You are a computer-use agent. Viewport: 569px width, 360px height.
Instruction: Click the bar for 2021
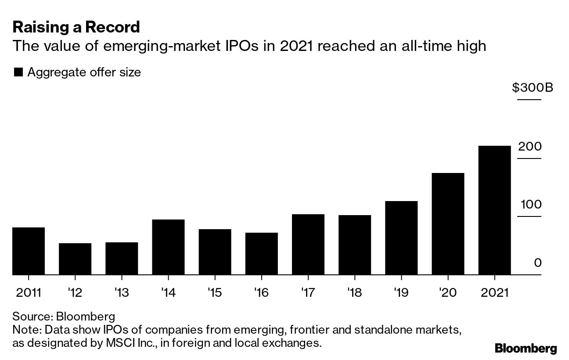pyautogui.click(x=494, y=210)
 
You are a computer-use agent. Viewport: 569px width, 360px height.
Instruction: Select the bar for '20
pyautogui.click(x=448, y=224)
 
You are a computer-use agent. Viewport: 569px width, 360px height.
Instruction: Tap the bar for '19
pyautogui.click(x=401, y=238)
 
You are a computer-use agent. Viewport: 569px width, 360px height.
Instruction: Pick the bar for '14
pyautogui.click(x=168, y=247)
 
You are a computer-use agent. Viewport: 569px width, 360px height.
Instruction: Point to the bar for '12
pyautogui.click(x=75, y=259)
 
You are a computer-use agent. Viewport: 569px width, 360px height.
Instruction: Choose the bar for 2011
pyautogui.click(x=29, y=251)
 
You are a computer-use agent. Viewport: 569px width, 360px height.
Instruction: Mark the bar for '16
pyautogui.click(x=261, y=254)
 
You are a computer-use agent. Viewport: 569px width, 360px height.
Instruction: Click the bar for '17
pyautogui.click(x=308, y=245)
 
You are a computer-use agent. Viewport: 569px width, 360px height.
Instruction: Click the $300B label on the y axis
pyautogui.click(x=533, y=88)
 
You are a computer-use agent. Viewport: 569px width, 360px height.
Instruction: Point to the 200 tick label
pyautogui.click(x=530, y=147)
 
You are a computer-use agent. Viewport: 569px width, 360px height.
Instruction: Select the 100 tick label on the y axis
pyautogui.click(x=531, y=205)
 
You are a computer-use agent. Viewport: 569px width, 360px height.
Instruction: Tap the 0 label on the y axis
pyautogui.click(x=538, y=263)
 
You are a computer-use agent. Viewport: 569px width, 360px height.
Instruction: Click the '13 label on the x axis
pyautogui.click(x=122, y=292)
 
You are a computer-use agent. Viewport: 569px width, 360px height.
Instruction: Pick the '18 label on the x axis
pyautogui.click(x=355, y=292)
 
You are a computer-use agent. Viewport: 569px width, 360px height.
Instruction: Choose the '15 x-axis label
pyautogui.click(x=215, y=292)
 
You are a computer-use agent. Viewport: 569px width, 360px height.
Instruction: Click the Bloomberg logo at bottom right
pyautogui.click(x=526, y=349)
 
